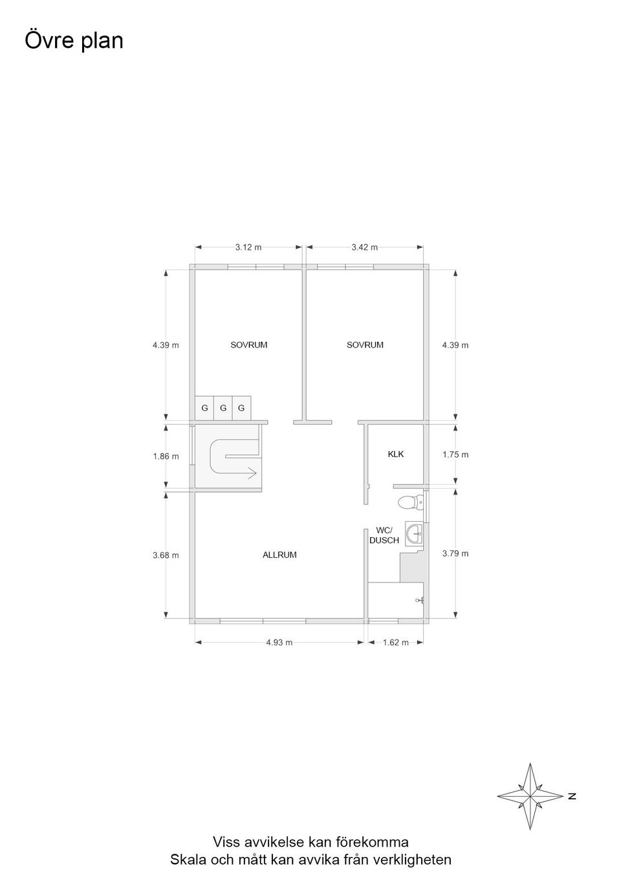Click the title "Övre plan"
pos(74,41)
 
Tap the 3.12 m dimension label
pos(248,247)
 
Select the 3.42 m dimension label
pos(364,247)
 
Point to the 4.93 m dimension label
pos(279,642)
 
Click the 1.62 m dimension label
pos(395,642)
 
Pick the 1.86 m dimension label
pos(166,456)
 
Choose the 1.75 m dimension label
pos(455,454)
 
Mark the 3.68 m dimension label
pos(166,555)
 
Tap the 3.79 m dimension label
pos(455,553)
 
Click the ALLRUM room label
pos(279,555)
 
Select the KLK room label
pos(395,454)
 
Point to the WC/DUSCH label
pos(384,535)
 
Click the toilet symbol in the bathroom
pos(409,501)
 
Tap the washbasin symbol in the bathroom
pos(413,535)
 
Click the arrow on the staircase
pos(249,473)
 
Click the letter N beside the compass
pos(572,796)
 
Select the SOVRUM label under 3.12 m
pos(248,345)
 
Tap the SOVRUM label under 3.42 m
pos(365,345)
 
